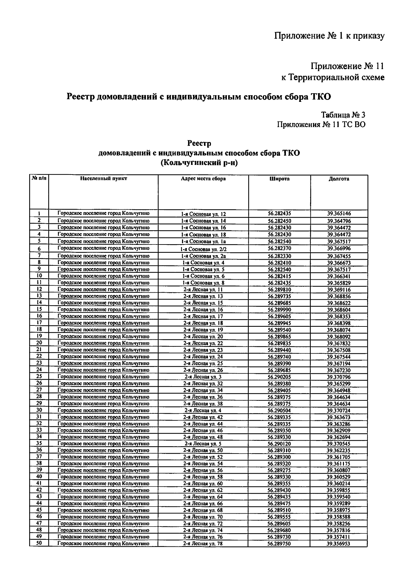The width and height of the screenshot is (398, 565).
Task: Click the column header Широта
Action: (279, 179)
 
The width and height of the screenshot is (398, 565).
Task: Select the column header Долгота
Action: (339, 179)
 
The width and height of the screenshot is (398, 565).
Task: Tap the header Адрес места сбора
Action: (203, 179)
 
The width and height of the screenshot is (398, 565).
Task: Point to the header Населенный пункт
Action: (103, 179)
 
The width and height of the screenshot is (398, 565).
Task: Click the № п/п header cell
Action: (39, 178)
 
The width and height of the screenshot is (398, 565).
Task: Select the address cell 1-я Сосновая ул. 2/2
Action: (203, 249)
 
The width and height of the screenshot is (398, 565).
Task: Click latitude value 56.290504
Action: (279, 410)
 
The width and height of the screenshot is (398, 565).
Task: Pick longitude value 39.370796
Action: (339, 377)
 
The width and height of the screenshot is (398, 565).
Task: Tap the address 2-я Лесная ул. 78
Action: (203, 544)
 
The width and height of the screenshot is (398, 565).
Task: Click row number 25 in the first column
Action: (39, 377)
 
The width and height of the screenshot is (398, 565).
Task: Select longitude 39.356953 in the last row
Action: (339, 544)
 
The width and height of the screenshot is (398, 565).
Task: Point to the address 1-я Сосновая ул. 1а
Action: (203, 242)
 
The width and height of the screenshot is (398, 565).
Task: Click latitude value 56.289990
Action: (279, 310)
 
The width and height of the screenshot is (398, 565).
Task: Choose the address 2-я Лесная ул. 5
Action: (203, 444)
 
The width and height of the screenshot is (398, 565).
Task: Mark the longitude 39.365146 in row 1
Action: (339, 214)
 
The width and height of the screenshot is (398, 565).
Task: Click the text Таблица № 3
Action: (343, 115)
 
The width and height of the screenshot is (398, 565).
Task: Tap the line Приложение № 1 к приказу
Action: (329, 36)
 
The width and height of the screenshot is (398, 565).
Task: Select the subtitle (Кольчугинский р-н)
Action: (199, 163)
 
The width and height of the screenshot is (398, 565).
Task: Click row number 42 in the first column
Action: (39, 490)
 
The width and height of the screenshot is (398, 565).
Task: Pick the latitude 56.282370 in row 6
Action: (279, 248)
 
